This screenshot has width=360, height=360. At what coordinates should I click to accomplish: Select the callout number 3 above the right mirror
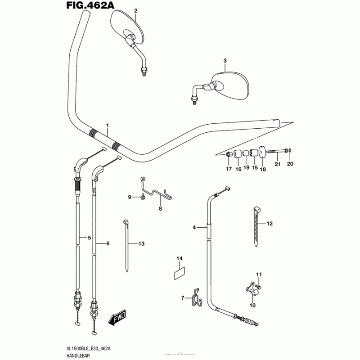pos(225,61)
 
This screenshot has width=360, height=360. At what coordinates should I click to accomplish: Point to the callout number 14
pos(180,258)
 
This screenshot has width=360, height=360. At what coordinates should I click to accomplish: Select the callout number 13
pos(141,244)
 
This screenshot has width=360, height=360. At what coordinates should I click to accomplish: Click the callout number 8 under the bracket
pos(159,209)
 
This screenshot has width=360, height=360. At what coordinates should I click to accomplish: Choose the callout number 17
pos(229,169)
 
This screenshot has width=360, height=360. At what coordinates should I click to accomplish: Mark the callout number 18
pos(263,169)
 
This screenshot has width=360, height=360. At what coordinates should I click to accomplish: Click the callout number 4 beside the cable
pos(195,228)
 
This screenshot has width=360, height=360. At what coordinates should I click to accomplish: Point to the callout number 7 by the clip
pos(183,297)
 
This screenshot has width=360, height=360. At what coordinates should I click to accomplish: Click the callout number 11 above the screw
pos(259,274)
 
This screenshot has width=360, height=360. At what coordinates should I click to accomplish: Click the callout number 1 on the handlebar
pos(108,125)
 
